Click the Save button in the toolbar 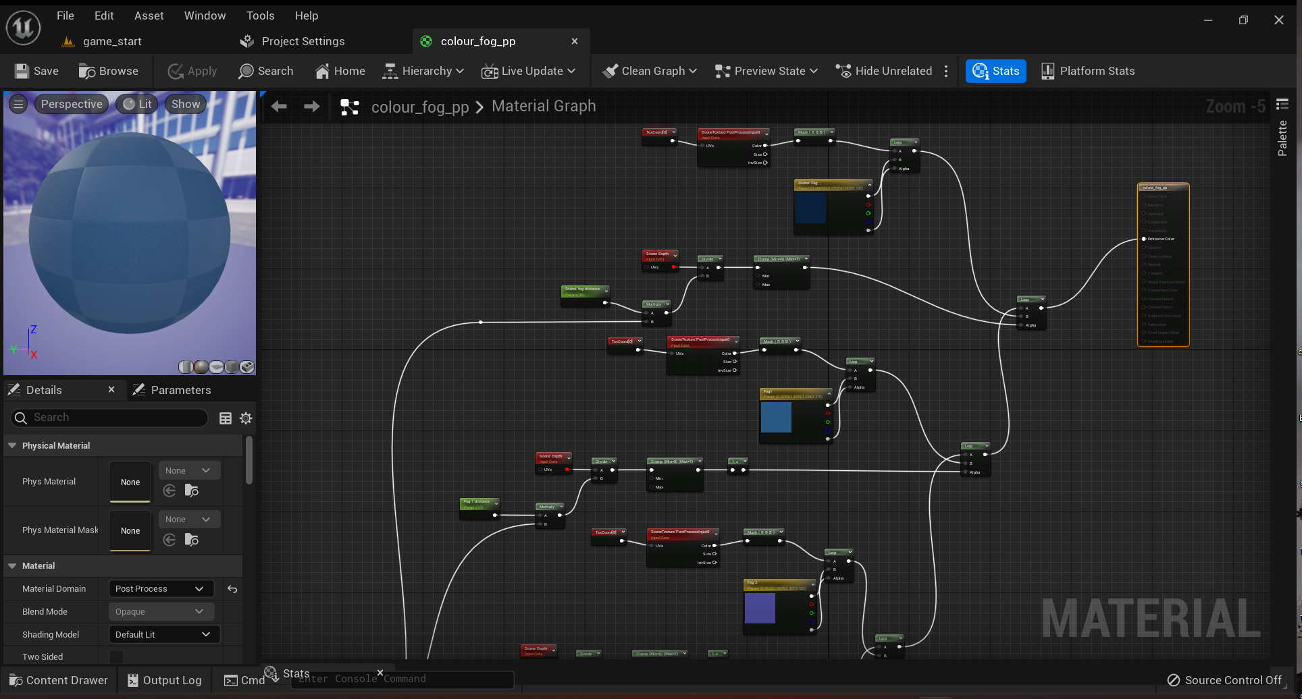[x=36, y=71]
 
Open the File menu [x=66, y=16]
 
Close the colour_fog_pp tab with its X [x=575, y=41]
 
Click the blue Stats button [x=995, y=71]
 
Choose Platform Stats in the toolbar [x=1088, y=71]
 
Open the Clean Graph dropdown [x=650, y=71]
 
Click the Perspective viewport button [x=71, y=104]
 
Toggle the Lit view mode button [x=137, y=104]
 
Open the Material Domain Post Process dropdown [x=161, y=589]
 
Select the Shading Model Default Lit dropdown [x=163, y=634]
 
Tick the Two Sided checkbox [x=117, y=656]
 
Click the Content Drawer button [x=59, y=680]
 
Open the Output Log [x=165, y=680]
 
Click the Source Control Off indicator [x=1224, y=680]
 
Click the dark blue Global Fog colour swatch [x=810, y=208]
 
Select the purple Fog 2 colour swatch [x=760, y=608]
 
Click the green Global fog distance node [x=585, y=292]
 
